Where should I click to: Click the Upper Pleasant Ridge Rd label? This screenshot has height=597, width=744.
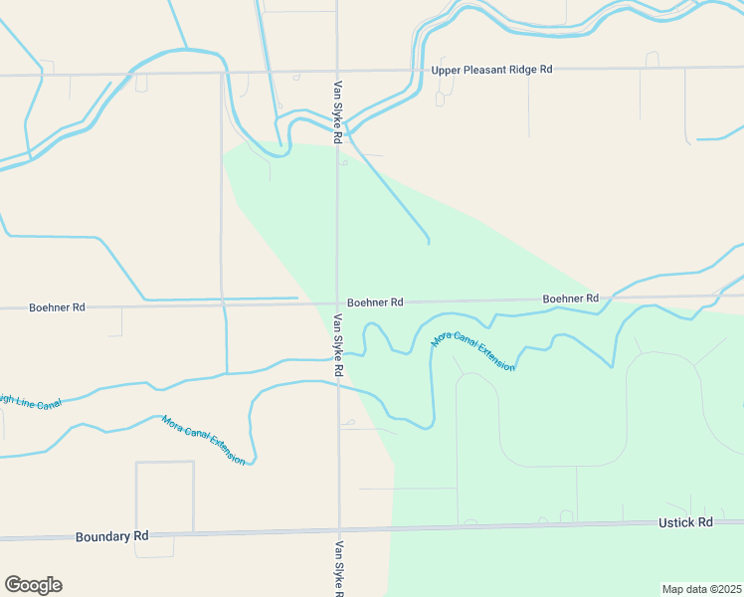(x=491, y=70)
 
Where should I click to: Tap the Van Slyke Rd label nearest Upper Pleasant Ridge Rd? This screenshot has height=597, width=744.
(x=339, y=111)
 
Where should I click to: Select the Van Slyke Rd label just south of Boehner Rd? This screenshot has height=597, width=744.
(x=339, y=344)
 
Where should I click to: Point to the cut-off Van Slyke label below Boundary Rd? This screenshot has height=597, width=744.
(x=340, y=568)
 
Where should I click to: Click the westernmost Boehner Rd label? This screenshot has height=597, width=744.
(x=57, y=307)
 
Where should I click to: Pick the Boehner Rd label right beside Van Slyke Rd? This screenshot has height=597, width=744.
(x=375, y=301)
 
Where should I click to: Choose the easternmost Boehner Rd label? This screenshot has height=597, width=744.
(x=570, y=298)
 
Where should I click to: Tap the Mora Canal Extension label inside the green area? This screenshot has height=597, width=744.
(x=472, y=351)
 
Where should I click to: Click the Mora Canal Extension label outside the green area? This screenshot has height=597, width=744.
(x=203, y=440)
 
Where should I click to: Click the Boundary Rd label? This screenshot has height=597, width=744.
(x=111, y=536)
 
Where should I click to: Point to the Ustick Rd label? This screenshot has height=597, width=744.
(x=685, y=522)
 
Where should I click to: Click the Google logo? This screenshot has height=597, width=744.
(x=33, y=585)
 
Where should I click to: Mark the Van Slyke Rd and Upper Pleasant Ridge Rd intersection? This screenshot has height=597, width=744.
(x=336, y=72)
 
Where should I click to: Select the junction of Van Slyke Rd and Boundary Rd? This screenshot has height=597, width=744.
(x=339, y=529)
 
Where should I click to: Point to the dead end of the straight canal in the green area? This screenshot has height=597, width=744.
(x=429, y=242)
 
